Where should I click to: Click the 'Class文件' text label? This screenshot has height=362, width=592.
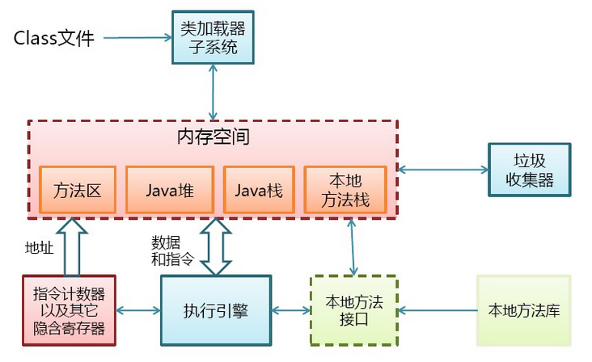coord(53,38)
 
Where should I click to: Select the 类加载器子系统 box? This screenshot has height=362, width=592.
coord(213,37)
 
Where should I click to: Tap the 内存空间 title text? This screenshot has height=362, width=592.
coord(214,137)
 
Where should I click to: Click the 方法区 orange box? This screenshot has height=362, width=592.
coord(78,190)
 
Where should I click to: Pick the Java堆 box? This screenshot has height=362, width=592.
coord(170,190)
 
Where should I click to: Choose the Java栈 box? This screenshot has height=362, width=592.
coord(259,190)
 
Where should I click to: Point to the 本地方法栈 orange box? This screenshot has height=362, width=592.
coord(345,190)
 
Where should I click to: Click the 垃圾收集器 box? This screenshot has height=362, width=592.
coord(530,170)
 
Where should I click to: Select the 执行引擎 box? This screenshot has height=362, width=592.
coord(216,310)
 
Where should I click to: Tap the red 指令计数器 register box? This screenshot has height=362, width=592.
coord(69,310)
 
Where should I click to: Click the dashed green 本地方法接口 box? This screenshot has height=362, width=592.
coord(354,310)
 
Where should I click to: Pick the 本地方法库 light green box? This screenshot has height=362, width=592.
coord(524,310)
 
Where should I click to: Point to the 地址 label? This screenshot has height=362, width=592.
coord(40,248)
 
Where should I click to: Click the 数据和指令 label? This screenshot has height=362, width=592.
coord(172,250)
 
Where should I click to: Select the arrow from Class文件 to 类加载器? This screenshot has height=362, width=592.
coord(137,38)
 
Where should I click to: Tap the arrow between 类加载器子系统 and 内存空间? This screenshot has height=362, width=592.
coord(214,92)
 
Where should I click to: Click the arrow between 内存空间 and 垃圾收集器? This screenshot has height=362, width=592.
coord(443,170)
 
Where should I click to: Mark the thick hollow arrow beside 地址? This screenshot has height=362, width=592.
coord(72,247)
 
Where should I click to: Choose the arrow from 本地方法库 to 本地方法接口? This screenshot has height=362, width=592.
coord(438,311)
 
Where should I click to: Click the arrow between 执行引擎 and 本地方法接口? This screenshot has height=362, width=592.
coord(290,311)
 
